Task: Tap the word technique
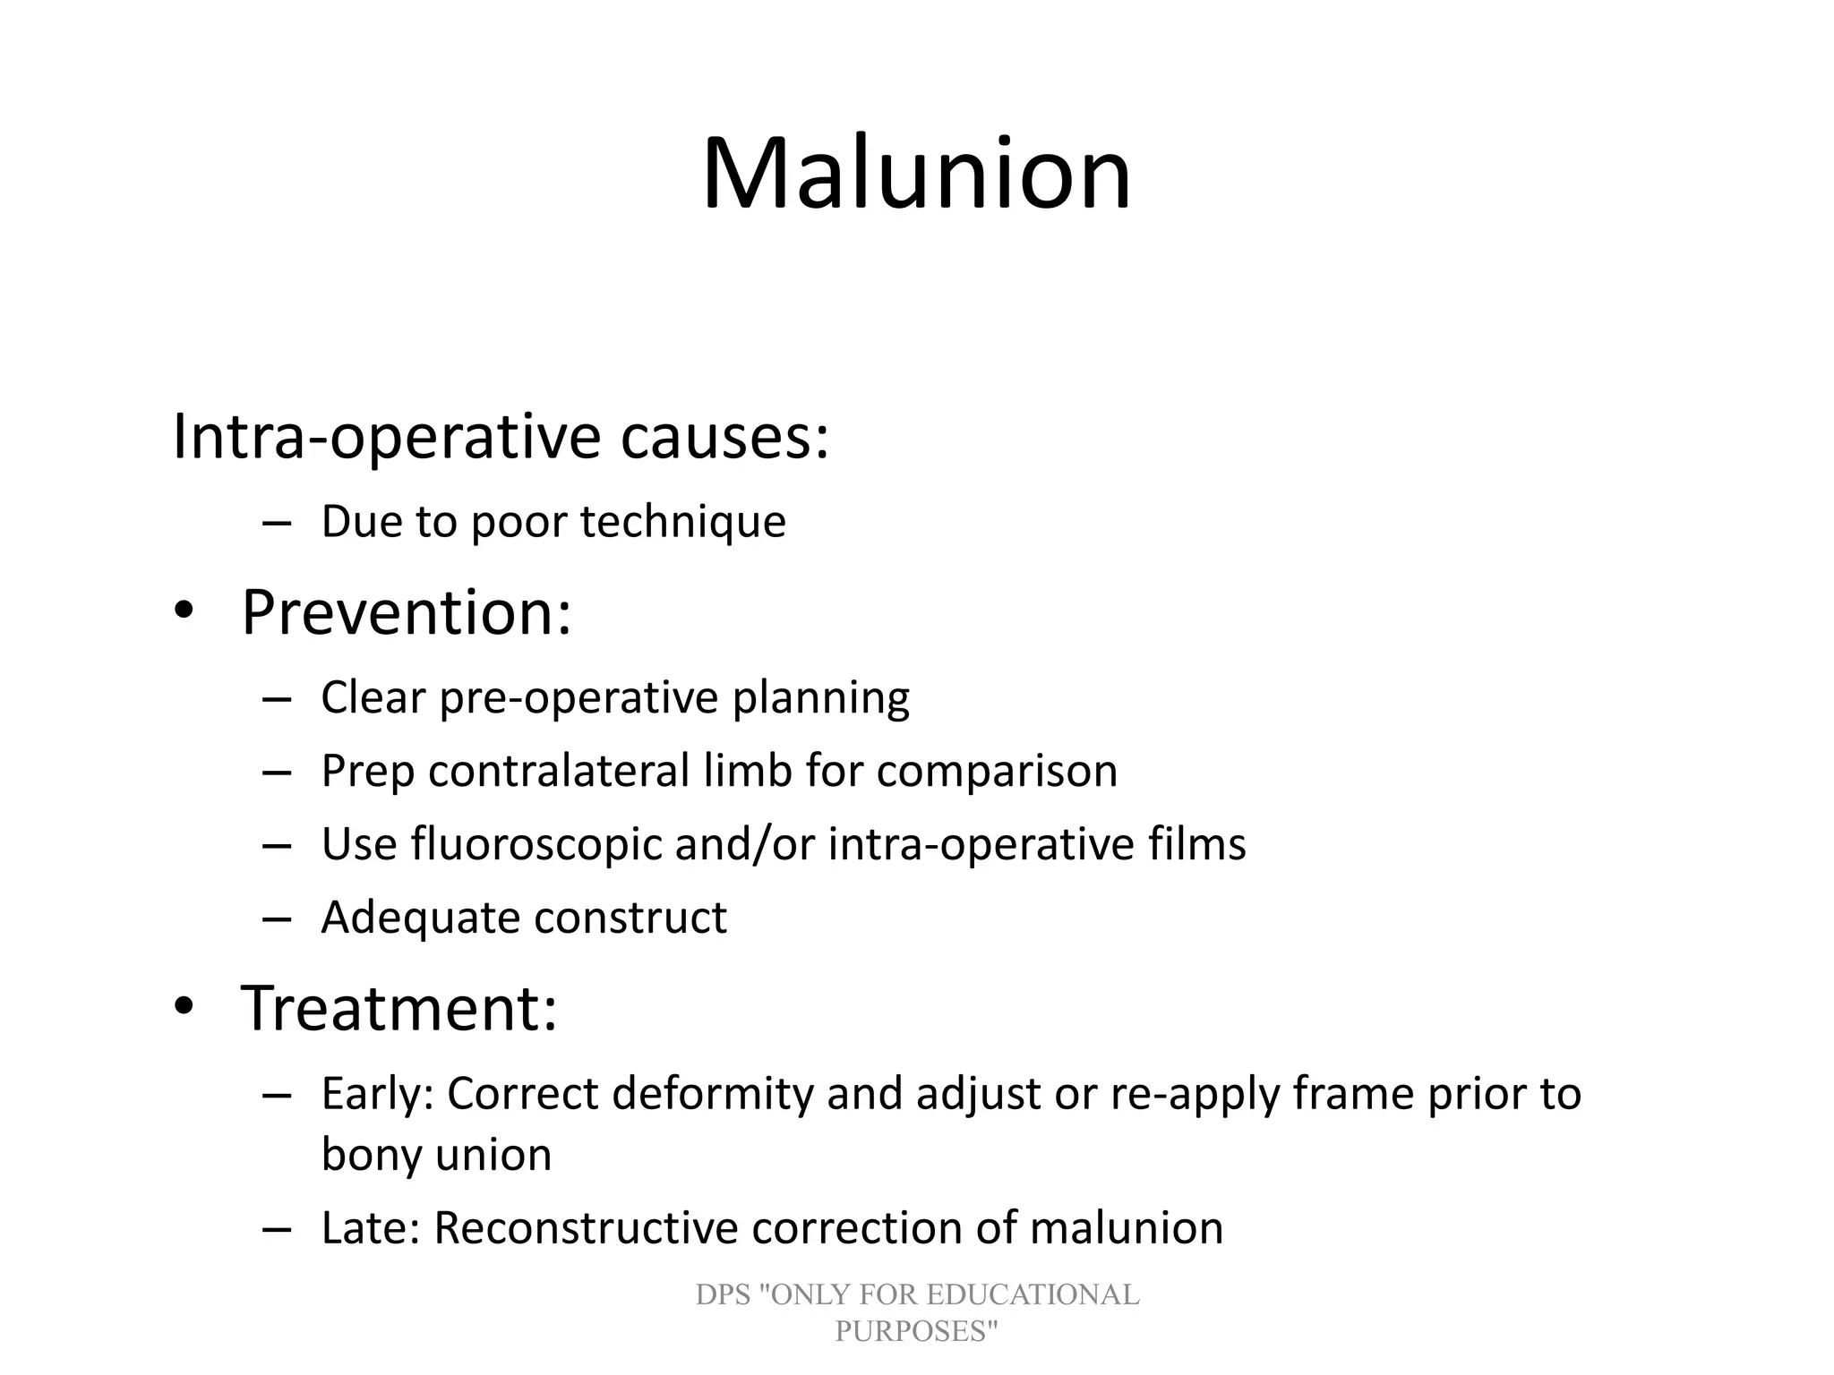(x=682, y=521)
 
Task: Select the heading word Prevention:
(x=406, y=613)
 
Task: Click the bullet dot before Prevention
(x=184, y=611)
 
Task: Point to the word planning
(x=821, y=697)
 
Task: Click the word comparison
(x=997, y=771)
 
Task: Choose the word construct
(x=630, y=918)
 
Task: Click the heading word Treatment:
(x=399, y=1009)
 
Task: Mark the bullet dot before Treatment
(x=184, y=1007)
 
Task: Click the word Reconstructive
(x=586, y=1228)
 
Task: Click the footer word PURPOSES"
(x=916, y=1331)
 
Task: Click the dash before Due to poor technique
(x=278, y=523)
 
